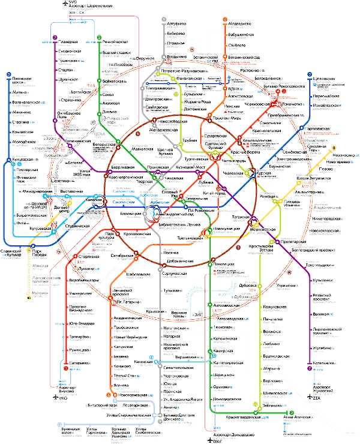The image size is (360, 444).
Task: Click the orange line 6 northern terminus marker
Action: coord(225,20)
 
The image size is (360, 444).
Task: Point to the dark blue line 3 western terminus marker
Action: coord(9,74)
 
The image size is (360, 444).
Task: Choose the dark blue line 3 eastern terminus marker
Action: coord(309,74)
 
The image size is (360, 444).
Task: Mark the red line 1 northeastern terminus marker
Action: coord(284,91)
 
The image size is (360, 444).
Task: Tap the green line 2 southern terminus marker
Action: coord(290,413)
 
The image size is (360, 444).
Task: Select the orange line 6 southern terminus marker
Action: coord(109,395)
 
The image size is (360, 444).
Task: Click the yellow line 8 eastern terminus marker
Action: coord(334,148)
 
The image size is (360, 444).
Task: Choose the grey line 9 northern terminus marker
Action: coord(164,20)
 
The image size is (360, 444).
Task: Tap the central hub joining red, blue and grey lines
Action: coord(155,213)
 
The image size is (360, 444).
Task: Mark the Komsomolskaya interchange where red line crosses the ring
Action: coord(215,155)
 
